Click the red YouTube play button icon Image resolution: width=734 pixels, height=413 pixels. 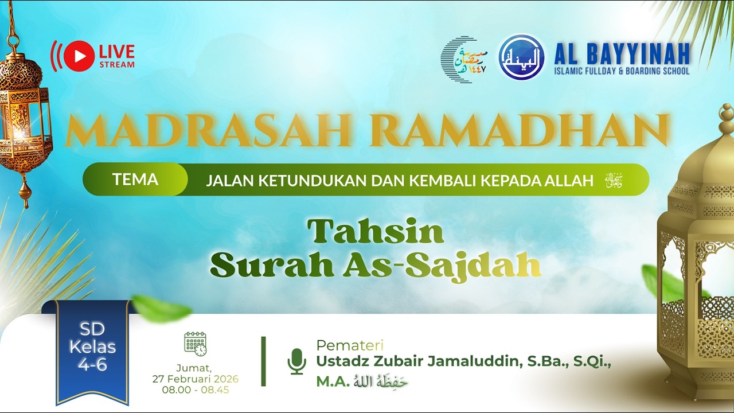(x=79, y=56)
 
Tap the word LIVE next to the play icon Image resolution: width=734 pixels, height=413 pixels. (x=117, y=52)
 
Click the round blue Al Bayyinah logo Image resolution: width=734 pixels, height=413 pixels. (x=521, y=57)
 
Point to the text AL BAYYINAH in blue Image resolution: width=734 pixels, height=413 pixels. (x=622, y=53)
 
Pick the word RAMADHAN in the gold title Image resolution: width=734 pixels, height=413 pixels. (x=520, y=131)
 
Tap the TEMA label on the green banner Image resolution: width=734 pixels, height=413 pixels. (x=135, y=180)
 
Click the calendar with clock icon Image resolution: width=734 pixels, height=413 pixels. (x=196, y=344)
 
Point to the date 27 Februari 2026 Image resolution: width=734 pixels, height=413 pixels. (x=196, y=379)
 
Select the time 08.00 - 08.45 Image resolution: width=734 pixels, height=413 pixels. (x=196, y=390)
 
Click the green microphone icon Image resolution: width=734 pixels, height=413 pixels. (x=296, y=361)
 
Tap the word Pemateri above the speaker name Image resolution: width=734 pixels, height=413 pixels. (x=350, y=345)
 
